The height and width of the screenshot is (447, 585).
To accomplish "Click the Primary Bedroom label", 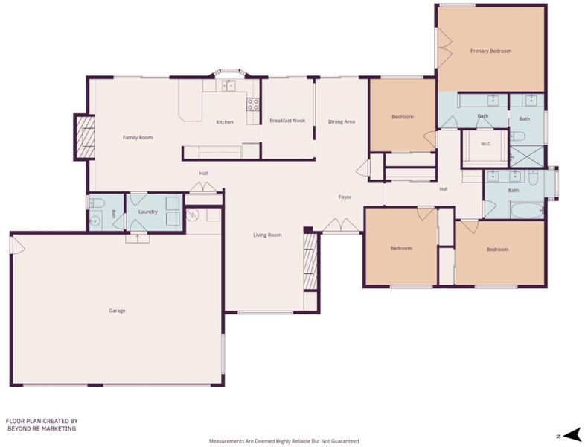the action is point(490,51).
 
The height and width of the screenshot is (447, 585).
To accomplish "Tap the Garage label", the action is point(117,311).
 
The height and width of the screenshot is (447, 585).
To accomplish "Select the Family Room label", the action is point(138,137).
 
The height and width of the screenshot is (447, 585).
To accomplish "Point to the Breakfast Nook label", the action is point(287,121).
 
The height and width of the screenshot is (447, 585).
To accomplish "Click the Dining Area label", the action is point(342,121).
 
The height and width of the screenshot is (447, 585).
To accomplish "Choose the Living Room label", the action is point(267,235).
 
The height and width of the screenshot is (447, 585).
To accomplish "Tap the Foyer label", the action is point(345,197).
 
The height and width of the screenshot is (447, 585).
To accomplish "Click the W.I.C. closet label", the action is point(486,144).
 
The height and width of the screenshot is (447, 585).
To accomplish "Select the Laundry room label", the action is point(148,212).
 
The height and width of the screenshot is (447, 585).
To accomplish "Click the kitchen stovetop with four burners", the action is point(252,104).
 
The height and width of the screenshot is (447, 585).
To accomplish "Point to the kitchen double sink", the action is point(228,86).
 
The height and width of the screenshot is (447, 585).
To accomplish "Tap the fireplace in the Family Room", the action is point(84,137).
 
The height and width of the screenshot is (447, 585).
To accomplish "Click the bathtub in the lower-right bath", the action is point(527,211).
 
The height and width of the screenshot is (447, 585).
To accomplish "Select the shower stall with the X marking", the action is point(527,156).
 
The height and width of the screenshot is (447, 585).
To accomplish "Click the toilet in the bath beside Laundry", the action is point(97,203).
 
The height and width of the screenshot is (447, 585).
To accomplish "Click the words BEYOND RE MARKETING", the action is point(41,428).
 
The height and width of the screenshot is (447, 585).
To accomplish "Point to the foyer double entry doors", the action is point(341,225).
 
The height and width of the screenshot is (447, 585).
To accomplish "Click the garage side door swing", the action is point(18,245).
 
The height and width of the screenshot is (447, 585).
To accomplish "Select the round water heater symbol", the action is point(193,215).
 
